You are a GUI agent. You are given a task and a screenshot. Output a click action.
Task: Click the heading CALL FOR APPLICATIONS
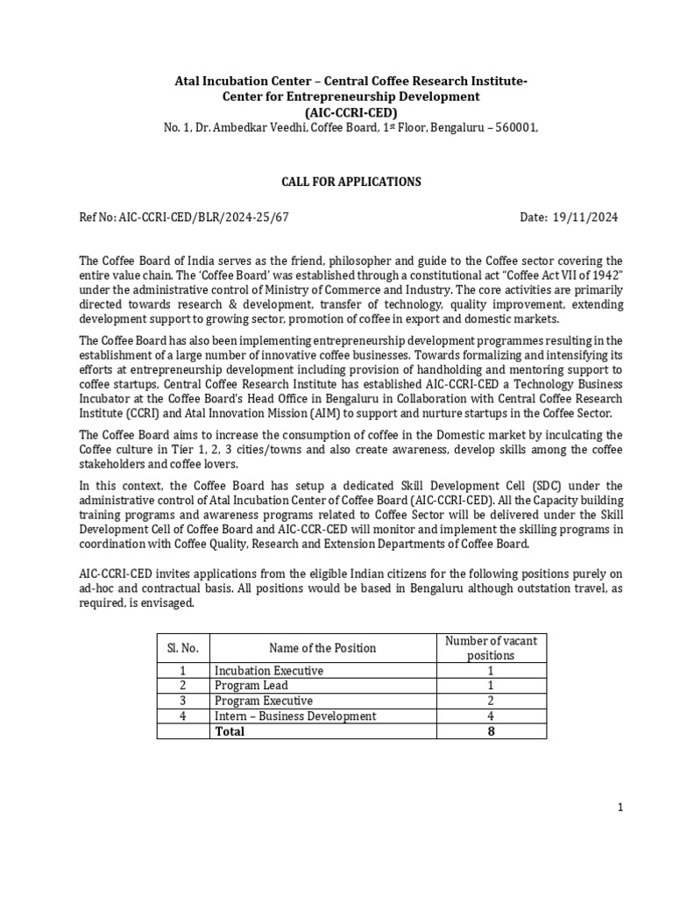tap(351, 182)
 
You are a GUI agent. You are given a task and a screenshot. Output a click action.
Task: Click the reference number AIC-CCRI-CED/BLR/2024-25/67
tap(183, 217)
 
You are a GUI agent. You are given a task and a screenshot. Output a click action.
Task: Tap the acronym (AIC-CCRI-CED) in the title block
tap(351, 112)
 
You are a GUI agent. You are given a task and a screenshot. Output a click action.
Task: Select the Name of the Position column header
tap(322, 648)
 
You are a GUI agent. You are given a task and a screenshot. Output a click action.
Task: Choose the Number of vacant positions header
tap(491, 648)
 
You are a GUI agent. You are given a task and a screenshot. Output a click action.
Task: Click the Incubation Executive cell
tap(269, 671)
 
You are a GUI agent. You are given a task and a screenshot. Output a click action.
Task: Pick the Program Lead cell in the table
tap(249, 686)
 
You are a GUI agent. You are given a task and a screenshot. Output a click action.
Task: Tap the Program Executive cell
tap(264, 701)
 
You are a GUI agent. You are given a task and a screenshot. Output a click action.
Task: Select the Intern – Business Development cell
tap(295, 716)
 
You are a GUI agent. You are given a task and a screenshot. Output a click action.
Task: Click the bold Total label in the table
tap(230, 731)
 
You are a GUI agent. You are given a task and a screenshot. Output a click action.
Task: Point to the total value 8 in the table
tap(491, 731)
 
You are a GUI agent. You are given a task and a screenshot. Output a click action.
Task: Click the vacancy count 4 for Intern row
tap(491, 716)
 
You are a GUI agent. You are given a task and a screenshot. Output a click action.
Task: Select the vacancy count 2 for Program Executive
tap(491, 701)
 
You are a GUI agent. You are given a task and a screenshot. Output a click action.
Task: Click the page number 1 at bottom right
tap(620, 809)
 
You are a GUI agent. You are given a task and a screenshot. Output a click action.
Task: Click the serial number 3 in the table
tap(182, 701)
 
